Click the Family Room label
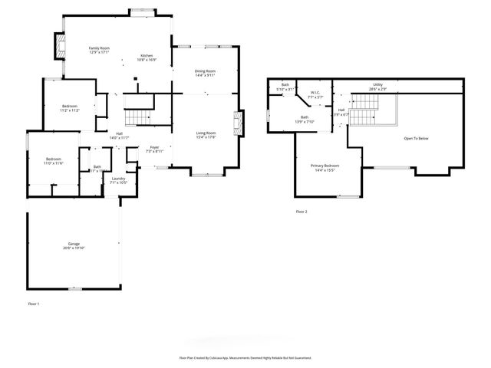coord(100,49)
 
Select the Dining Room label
coord(205,72)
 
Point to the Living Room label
coord(205,134)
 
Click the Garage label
coord(73,245)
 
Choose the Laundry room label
coord(117,180)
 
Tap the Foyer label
coord(154,149)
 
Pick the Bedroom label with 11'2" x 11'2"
coord(70,108)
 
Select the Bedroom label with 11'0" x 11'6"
coord(52,161)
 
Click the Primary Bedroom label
coord(325,167)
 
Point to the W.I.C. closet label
coord(315,96)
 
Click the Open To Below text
coord(417,139)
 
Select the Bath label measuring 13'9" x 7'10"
coord(304,120)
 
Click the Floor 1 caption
coord(33,304)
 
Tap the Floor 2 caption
coord(302,211)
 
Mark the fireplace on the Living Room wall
coord(239,122)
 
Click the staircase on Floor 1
coord(137,117)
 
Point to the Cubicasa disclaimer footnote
coord(245,357)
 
